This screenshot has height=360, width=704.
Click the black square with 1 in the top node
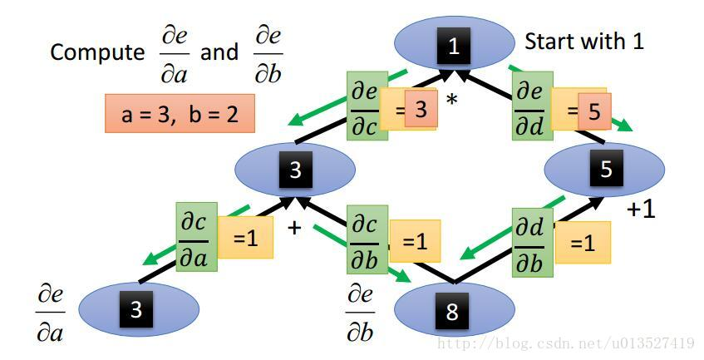453,47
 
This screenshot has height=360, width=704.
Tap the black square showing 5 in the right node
605,170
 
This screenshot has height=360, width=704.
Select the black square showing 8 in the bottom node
451,312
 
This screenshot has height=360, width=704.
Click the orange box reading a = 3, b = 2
180,114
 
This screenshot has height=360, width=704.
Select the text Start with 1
583,41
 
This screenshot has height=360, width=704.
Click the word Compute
96,53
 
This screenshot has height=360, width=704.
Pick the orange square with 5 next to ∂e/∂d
593,111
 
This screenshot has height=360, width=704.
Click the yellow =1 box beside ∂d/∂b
583,242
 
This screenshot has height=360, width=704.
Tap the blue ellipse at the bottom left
138,308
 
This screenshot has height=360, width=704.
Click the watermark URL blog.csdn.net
566,343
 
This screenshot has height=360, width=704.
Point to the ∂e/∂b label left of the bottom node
361,313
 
